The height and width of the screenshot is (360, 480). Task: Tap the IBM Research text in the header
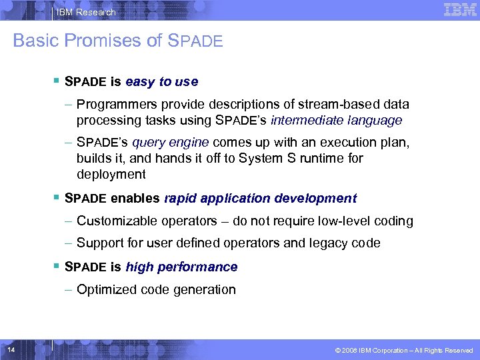[86, 12]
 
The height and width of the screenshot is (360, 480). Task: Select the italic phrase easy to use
[161, 82]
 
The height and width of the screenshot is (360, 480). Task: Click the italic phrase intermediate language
[336, 121]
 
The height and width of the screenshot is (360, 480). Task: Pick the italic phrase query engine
[171, 143]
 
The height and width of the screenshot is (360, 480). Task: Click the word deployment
[111, 175]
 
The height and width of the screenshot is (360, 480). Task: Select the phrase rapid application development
[260, 199]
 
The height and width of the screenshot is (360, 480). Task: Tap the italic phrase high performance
[181, 267]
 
